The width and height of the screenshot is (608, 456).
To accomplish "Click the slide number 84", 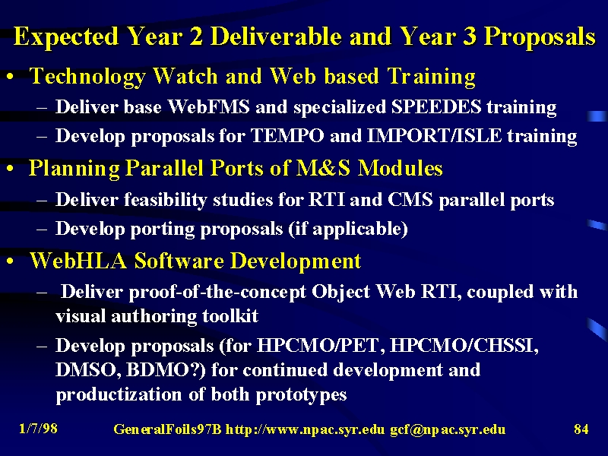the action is click(x=581, y=429).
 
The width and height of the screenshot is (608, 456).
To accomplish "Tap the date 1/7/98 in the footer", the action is click(x=39, y=429).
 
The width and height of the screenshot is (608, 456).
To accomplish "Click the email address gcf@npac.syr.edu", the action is click(x=448, y=429).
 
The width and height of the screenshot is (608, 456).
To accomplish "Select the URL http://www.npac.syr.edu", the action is click(x=306, y=429).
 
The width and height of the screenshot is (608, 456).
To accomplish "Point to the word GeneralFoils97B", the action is click(x=167, y=429).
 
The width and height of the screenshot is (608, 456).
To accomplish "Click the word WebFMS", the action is click(x=208, y=106).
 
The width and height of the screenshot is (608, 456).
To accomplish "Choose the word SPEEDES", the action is click(x=435, y=106).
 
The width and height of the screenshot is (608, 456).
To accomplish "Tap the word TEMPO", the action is click(x=287, y=136).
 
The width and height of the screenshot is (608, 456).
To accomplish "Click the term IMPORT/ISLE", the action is click(x=434, y=136).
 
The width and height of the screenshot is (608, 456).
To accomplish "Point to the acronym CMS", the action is click(x=410, y=200).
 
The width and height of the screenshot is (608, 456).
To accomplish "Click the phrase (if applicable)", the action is click(x=348, y=229).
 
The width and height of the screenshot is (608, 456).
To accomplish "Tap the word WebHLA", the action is click(x=78, y=260).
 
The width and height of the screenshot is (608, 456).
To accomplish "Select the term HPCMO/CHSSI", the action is click(x=464, y=346).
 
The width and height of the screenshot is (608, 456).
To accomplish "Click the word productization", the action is click(x=119, y=394).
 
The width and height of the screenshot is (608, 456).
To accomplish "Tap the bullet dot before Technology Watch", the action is click(x=11, y=77).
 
